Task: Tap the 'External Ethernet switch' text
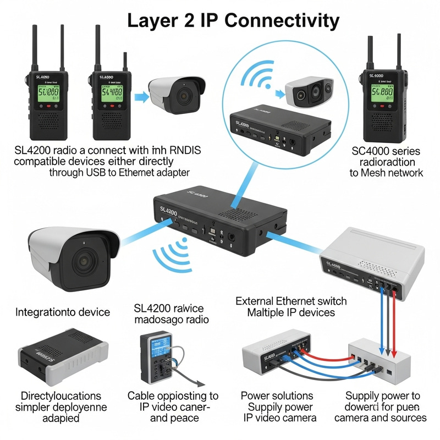(291, 301)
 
